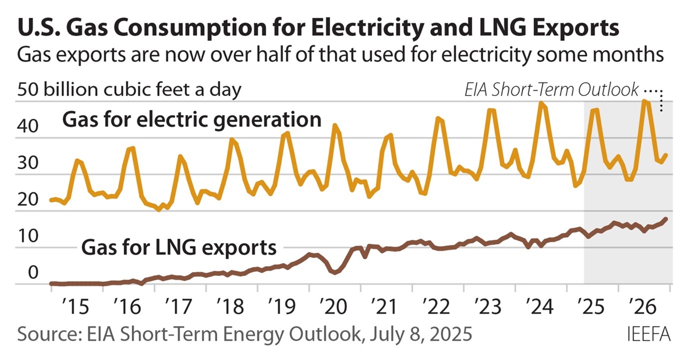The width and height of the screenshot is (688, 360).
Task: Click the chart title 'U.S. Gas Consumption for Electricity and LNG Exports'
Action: [318, 28]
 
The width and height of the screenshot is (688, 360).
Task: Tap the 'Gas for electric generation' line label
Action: [191, 120]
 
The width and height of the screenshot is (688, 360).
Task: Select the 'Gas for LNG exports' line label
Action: [178, 247]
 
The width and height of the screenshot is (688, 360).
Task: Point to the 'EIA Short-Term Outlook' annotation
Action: [551, 90]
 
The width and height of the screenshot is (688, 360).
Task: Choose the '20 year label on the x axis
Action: [335, 306]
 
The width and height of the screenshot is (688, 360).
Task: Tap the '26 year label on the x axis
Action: [644, 306]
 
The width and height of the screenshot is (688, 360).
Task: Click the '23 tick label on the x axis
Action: [489, 306]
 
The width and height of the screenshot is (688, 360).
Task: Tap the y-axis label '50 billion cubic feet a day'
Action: [129, 90]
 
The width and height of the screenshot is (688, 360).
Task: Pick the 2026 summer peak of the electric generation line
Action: [645, 101]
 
